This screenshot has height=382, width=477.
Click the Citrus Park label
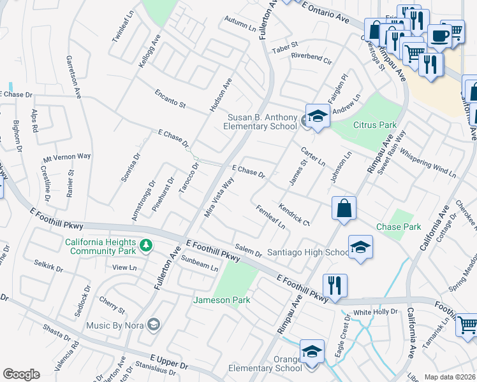point(362,125)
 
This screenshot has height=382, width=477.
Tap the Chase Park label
point(399,227)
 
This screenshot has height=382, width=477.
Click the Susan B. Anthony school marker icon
point(317,116)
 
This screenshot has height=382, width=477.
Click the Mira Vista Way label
point(219,197)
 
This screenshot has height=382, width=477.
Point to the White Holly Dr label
point(376,312)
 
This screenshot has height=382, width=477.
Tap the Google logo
point(21,374)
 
